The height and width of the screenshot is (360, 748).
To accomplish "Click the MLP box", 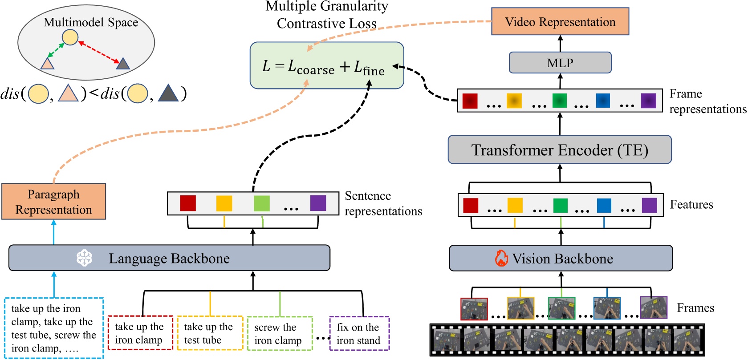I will [x=560, y=63].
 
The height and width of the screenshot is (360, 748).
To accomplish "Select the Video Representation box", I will [x=560, y=22].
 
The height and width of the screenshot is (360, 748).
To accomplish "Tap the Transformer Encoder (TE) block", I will [x=560, y=150].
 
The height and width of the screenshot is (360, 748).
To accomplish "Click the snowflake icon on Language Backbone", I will [x=84, y=258].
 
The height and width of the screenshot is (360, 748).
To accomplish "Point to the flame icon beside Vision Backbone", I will [x=501, y=258].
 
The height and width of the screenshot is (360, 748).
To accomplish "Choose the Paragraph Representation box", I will [x=53, y=202].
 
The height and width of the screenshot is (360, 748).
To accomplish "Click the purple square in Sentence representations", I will [x=318, y=203].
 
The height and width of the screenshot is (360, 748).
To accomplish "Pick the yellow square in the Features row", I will [x=515, y=206].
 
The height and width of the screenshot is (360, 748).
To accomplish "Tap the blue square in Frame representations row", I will [x=603, y=101].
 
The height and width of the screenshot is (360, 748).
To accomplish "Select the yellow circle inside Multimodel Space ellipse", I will [x=70, y=37].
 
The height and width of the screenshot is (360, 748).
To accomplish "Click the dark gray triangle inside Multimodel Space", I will [x=122, y=64].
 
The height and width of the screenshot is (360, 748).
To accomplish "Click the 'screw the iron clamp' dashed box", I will [x=280, y=333].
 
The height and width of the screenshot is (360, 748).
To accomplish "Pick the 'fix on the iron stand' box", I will [x=359, y=333].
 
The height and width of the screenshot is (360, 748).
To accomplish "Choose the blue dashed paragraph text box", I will [x=54, y=328].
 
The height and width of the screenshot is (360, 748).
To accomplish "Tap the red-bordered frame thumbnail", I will [x=474, y=309].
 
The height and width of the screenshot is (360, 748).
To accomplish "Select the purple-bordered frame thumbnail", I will [x=653, y=307].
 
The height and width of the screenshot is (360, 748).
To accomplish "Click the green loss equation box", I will [x=326, y=65].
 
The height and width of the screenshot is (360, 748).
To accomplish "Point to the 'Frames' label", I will [x=695, y=308].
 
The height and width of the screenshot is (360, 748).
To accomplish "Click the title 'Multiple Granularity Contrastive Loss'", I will [x=326, y=14].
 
